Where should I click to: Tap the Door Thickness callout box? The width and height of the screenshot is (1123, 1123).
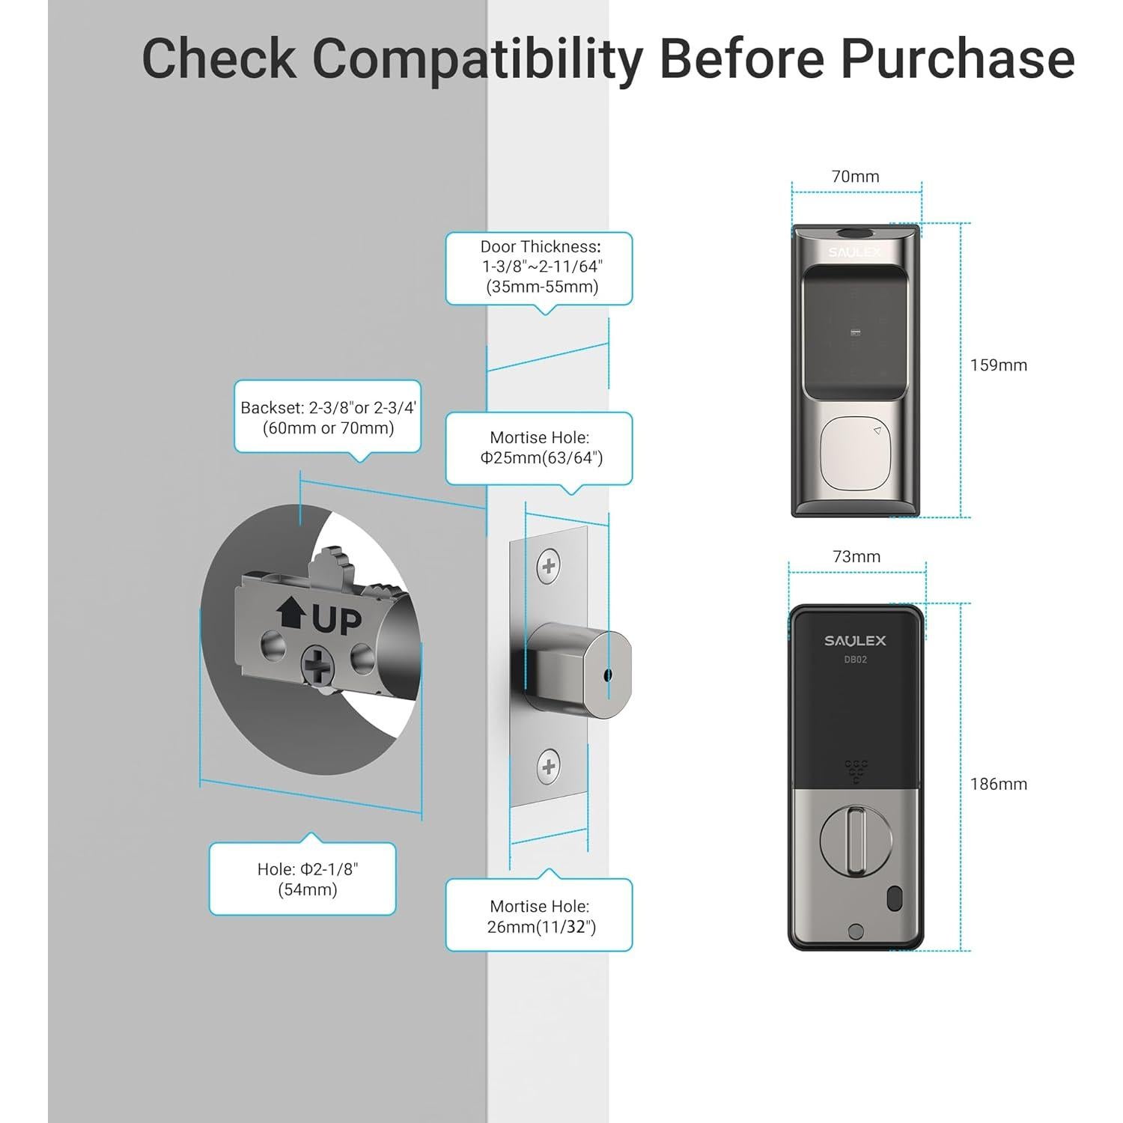tap(539, 269)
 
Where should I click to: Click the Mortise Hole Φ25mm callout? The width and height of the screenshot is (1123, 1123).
tap(539, 448)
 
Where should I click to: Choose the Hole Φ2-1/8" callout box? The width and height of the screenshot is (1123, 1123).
tap(302, 879)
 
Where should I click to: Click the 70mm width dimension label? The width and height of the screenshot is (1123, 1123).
tap(856, 177)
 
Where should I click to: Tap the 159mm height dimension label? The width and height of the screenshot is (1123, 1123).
tap(999, 365)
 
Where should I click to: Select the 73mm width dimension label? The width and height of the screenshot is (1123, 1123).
tap(856, 556)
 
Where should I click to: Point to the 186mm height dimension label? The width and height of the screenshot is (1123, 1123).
tap(999, 784)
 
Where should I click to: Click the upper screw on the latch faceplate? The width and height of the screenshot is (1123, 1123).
tap(549, 566)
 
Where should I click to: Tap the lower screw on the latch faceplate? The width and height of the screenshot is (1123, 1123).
tap(549, 767)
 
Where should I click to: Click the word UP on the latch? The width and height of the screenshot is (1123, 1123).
tap(336, 621)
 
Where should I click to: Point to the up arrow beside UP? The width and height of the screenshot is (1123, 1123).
tap(290, 613)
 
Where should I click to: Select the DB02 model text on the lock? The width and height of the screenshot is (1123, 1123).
tap(856, 660)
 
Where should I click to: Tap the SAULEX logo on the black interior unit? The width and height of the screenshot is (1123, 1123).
tap(855, 641)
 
